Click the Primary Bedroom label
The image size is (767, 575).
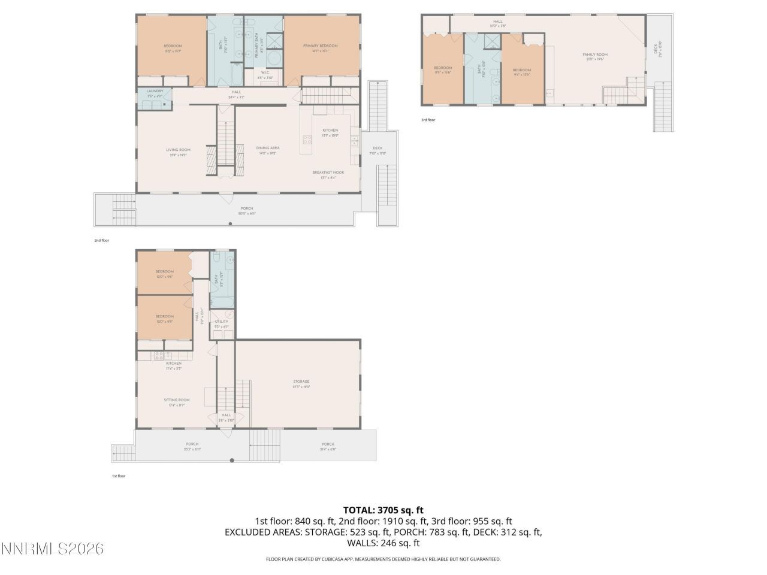320,46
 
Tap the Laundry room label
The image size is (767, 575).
155,92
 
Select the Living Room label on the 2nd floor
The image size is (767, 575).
178,150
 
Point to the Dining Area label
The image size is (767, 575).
267,148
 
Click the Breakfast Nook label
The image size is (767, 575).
328,172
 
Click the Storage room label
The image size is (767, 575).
301,382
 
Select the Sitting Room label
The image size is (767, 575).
176,400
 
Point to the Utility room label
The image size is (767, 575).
221,322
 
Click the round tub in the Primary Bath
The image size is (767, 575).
274,59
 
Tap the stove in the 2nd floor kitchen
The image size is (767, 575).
307,140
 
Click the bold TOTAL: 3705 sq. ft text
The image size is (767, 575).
383,510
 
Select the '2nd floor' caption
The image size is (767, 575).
101,240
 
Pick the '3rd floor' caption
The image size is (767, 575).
428,120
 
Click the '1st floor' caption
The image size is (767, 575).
118,476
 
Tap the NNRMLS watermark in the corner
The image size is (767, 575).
52,549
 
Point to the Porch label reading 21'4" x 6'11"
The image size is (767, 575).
327,444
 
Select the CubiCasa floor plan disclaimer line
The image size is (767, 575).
383,559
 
